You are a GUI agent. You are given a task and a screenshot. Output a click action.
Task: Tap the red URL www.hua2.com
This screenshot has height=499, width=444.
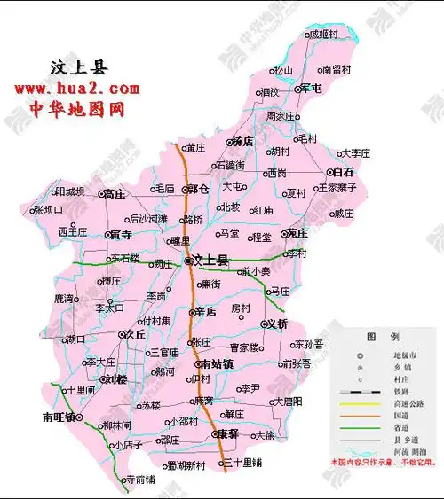click(76, 89)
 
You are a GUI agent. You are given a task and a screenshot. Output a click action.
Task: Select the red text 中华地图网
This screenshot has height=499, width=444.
click(76, 108)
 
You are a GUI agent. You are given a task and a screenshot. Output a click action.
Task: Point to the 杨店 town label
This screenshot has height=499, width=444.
click(242, 141)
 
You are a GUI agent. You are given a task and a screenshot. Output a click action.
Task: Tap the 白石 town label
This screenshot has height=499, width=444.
click(343, 172)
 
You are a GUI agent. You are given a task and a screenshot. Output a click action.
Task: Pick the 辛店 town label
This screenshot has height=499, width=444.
click(206, 312)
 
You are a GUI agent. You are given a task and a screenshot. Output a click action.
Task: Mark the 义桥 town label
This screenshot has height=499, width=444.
click(278, 324)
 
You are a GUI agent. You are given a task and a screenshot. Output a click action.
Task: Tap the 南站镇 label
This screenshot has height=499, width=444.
click(216, 364)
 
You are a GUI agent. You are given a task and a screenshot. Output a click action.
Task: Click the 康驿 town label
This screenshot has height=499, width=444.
click(228, 435)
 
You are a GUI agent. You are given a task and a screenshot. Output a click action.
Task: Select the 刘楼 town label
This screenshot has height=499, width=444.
click(116, 379)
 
